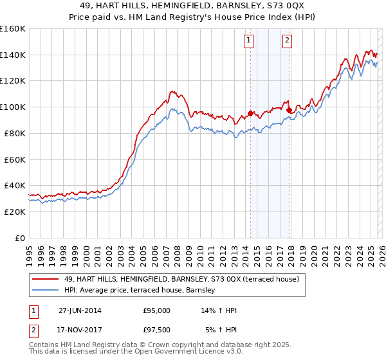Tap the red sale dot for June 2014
coord(250,113)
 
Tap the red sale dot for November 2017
coord(289,110)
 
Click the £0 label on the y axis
coord(19,238)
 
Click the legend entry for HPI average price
coord(143,291)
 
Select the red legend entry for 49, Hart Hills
coord(181,279)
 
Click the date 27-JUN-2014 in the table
coord(80,310)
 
